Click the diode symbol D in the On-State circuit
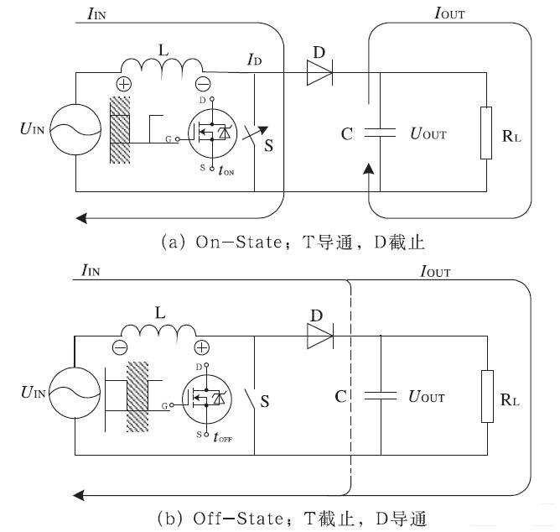319,74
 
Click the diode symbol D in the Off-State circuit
319,336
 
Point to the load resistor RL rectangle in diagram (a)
486,133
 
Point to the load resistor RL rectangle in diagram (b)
486,395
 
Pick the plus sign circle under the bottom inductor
201,347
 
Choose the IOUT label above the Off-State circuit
434,273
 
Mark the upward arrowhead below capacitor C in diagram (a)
369,170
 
